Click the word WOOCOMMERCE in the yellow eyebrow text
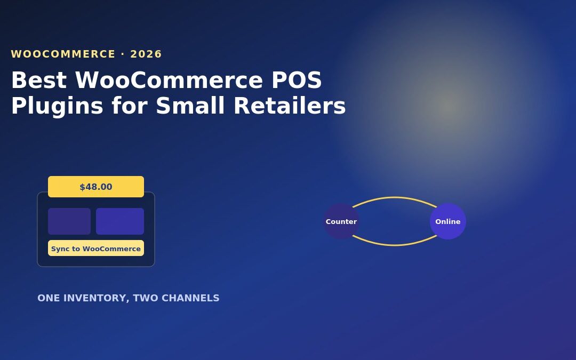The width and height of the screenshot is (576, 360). (63, 54)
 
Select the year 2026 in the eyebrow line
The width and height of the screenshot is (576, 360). (146, 54)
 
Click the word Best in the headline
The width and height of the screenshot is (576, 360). (39, 79)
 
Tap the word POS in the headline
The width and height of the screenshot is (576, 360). (297, 79)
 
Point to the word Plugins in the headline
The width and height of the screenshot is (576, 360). (57, 107)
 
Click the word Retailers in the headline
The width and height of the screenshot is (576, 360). (290, 106)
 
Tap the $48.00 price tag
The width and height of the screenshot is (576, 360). (96, 187)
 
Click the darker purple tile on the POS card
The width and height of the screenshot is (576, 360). (69, 221)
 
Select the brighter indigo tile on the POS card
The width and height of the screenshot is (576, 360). (120, 221)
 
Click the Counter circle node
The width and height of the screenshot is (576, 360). (341, 221)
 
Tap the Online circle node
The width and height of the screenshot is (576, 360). (448, 221)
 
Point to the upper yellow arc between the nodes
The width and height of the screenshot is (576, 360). (395, 198)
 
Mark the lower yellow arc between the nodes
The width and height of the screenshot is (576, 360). (395, 245)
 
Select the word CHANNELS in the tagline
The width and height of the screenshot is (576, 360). (190, 298)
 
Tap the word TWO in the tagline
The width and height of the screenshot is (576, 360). (146, 298)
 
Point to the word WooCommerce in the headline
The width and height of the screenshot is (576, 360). (170, 79)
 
